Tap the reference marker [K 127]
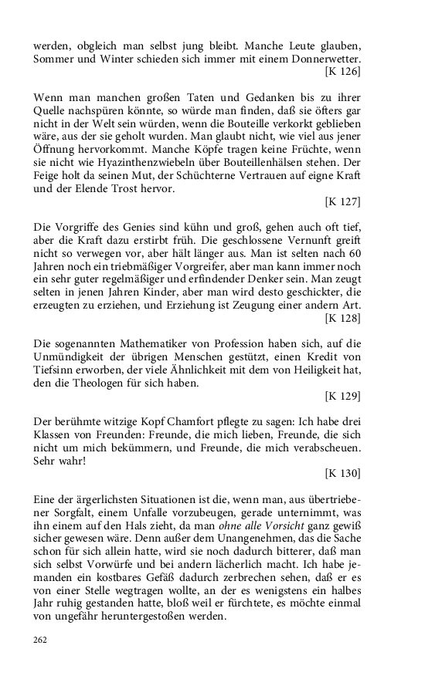coord(343,203)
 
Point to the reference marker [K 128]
coord(343,317)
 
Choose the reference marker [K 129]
coord(343,397)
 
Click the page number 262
coord(40,640)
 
